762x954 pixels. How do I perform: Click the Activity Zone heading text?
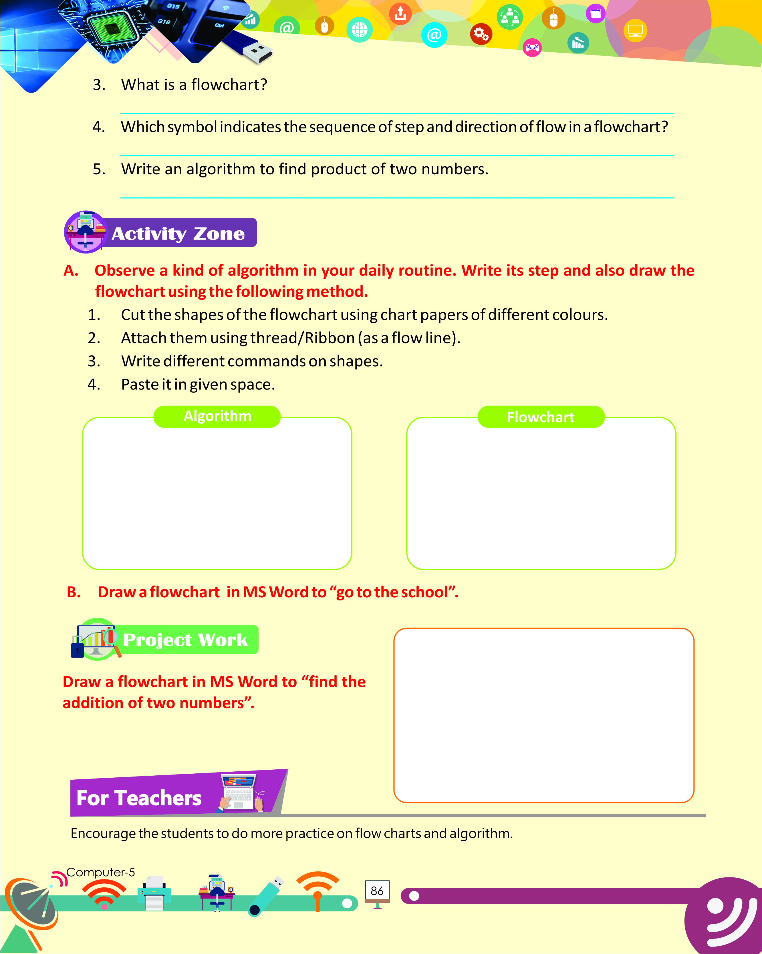[x=178, y=233]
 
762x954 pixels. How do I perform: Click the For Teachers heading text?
[x=139, y=798]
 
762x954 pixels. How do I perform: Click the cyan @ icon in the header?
[x=434, y=35]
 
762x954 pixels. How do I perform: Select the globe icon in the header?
[x=360, y=30]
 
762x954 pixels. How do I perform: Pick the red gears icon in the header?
[x=481, y=34]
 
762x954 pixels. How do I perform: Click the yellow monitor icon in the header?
[x=635, y=31]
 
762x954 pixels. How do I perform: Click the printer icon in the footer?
[x=154, y=893]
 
